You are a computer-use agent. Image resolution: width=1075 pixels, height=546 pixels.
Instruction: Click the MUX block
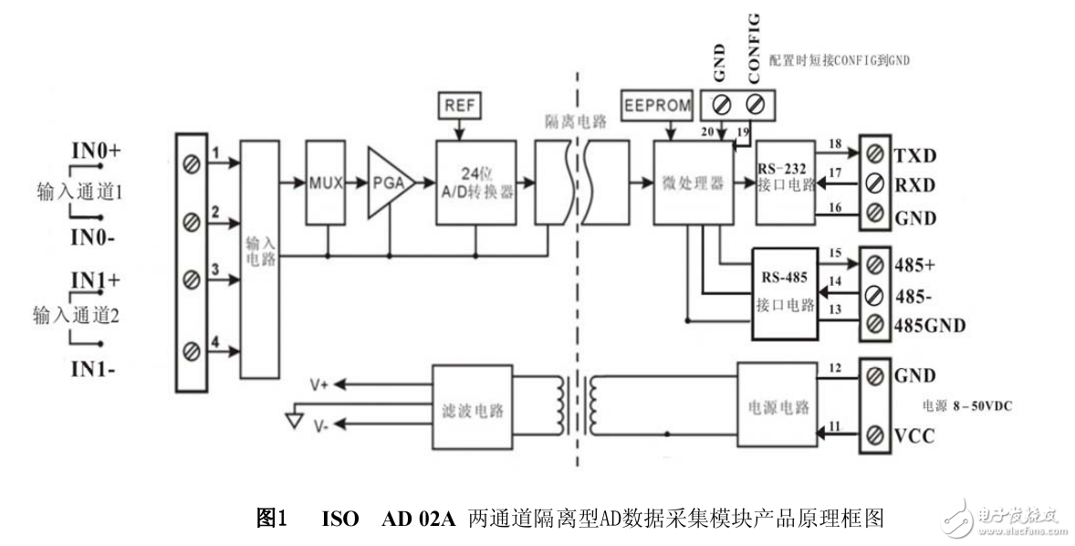[x=325, y=183]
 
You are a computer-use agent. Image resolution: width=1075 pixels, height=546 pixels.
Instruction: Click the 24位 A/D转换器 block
[x=475, y=183]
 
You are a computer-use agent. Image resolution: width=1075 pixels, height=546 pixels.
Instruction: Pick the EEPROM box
[x=657, y=105]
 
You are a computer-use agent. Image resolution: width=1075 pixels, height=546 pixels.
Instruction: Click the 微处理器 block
[x=693, y=183]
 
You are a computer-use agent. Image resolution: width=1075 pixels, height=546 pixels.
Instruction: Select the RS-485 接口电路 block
[x=783, y=293]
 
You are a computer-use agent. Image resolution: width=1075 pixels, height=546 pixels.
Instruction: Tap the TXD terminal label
[x=914, y=154]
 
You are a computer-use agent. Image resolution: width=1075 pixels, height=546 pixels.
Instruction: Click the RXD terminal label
[x=914, y=185]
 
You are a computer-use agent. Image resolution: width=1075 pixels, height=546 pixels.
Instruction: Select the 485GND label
[x=929, y=326]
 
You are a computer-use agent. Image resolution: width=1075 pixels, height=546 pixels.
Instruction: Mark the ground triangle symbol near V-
[x=294, y=420]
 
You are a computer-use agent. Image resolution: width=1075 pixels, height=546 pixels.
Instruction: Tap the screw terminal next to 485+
[x=875, y=266]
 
